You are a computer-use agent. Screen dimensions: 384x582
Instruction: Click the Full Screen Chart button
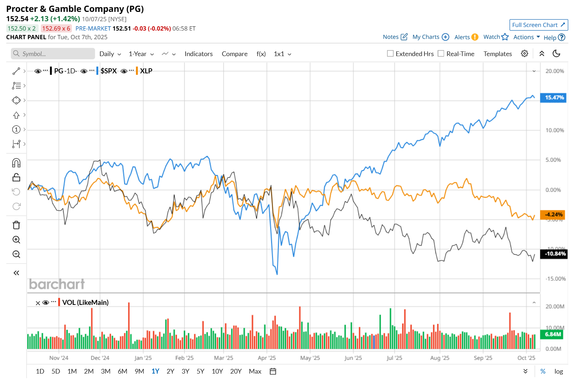click(x=538, y=25)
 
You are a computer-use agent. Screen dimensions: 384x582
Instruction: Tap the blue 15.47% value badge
click(x=554, y=97)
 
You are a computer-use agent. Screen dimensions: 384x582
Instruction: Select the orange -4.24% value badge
click(x=553, y=215)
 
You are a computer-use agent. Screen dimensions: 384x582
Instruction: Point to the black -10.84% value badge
click(x=554, y=254)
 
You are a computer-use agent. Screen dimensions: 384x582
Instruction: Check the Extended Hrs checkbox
click(x=390, y=54)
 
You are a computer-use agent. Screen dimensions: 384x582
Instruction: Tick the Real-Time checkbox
click(x=441, y=54)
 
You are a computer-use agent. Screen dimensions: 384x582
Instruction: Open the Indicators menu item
click(x=198, y=54)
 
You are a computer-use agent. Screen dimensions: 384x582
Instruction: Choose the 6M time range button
click(x=123, y=371)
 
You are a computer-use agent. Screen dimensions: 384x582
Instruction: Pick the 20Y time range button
click(x=236, y=371)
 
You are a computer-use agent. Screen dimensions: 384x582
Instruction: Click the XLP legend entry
click(x=146, y=71)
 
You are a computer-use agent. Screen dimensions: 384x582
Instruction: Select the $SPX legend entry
click(x=108, y=71)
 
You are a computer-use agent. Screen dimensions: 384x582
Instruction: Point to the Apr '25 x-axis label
click(x=267, y=358)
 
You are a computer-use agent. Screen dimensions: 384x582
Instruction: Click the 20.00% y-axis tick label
click(x=554, y=71)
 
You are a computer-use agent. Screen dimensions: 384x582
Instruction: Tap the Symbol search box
click(x=53, y=54)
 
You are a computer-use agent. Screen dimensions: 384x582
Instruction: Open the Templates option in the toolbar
click(x=497, y=54)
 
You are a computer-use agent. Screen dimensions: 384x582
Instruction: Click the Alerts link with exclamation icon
click(x=466, y=37)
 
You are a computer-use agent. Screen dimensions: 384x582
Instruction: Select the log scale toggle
click(x=558, y=371)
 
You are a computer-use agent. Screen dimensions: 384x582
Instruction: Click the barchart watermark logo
click(x=57, y=284)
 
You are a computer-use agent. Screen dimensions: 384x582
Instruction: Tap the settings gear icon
click(x=524, y=54)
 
